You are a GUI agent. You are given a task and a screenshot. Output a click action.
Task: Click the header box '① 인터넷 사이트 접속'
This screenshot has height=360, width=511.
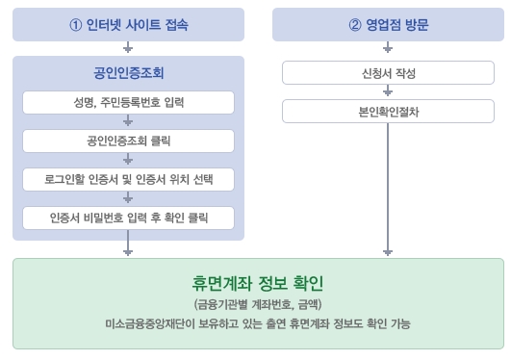pyautogui.click(x=128, y=25)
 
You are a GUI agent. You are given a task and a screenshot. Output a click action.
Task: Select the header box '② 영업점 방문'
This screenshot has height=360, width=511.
pyautogui.click(x=387, y=25)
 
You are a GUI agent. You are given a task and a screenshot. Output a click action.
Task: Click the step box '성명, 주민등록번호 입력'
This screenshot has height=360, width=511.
pyautogui.click(x=128, y=102)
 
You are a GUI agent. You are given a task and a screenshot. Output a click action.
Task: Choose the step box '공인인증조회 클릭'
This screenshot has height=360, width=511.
pyautogui.click(x=128, y=141)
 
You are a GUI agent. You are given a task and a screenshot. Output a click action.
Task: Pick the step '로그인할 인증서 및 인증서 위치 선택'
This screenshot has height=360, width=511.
pyautogui.click(x=128, y=179)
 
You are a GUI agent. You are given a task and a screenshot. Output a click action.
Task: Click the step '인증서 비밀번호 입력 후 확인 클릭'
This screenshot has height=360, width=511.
pyautogui.click(x=128, y=218)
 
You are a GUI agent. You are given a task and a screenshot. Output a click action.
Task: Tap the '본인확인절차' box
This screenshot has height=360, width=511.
pyautogui.click(x=387, y=112)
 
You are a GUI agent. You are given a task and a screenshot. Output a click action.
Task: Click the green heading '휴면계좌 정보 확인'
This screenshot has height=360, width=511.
pyautogui.click(x=257, y=284)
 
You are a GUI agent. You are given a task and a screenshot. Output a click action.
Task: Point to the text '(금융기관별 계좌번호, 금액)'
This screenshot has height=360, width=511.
pyautogui.click(x=257, y=304)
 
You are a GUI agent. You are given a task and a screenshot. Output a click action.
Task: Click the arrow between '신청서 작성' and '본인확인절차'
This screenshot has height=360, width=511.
pyautogui.click(x=387, y=92)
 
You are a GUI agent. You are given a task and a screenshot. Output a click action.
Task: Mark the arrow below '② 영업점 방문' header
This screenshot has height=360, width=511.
pyautogui.click(x=387, y=47)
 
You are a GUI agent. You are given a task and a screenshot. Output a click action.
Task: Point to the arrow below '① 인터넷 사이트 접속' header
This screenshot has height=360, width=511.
pyautogui.click(x=128, y=47)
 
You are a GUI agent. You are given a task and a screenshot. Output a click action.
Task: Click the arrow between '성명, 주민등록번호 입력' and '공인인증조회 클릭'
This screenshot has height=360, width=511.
pyautogui.click(x=128, y=121)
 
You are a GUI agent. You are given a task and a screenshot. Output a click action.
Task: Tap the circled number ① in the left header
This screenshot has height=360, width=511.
pyautogui.click(x=76, y=25)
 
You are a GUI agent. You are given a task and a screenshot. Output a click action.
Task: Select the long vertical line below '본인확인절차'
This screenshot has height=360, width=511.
pyautogui.click(x=387, y=183)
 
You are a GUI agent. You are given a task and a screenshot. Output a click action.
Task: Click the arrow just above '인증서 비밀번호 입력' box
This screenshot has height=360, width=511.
pyautogui.click(x=128, y=198)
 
